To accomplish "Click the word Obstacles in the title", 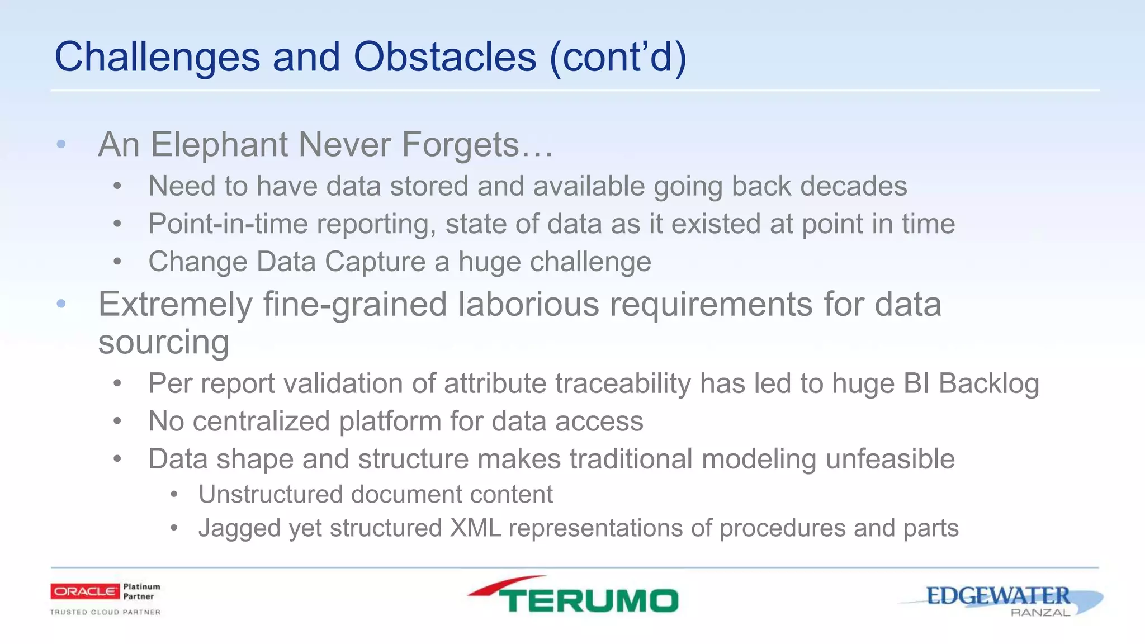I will (444, 57).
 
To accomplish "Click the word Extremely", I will (176, 305).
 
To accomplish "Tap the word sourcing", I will (163, 342).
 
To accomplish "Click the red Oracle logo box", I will (85, 591).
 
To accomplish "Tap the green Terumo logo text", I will (588, 600).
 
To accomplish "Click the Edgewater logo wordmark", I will (997, 596).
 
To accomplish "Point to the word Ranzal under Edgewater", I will (1040, 613).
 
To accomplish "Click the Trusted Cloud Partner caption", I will (105, 612).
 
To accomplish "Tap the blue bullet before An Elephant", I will (61, 145).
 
